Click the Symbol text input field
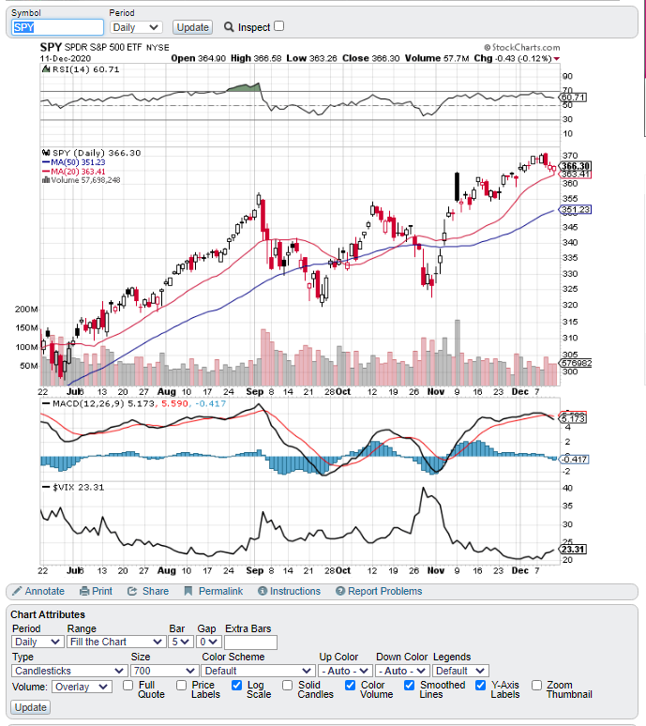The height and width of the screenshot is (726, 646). coord(57,27)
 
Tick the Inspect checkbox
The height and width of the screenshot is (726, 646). coord(278,26)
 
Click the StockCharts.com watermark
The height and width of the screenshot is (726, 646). coord(522,47)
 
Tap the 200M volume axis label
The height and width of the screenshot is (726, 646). coord(26,309)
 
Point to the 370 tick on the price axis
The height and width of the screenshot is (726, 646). coord(568,156)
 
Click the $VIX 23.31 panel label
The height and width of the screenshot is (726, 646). coord(73,487)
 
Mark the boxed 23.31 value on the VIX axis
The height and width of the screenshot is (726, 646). coord(573,549)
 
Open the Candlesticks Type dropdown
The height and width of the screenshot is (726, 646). coord(69,671)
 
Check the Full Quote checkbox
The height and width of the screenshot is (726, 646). coord(128,685)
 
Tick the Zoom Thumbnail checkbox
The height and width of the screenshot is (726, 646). coord(536,685)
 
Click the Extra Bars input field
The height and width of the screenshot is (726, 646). coord(250,643)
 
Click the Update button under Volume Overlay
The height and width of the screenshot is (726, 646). coord(31,707)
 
